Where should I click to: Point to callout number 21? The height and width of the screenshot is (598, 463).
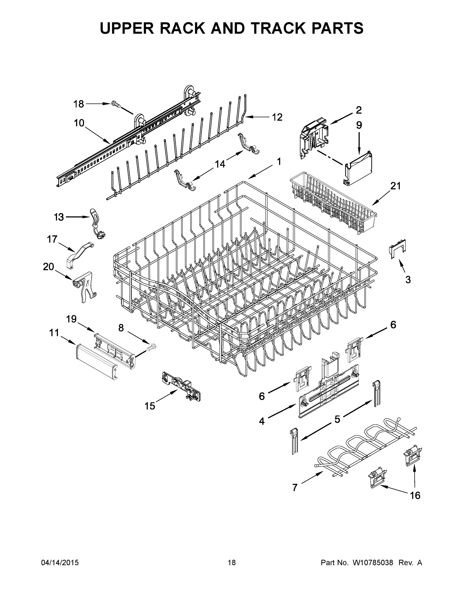[396, 186]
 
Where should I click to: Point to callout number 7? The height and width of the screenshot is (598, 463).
[295, 487]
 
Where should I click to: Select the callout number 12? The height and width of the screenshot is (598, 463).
[277, 117]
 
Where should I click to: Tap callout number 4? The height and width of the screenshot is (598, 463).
[262, 421]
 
